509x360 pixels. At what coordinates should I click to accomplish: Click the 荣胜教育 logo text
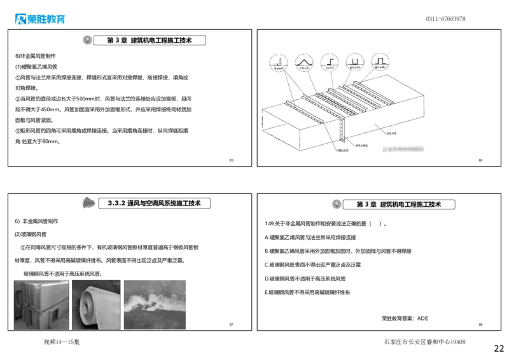[46, 19]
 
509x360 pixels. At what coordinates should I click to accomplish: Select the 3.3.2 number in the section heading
[116, 204]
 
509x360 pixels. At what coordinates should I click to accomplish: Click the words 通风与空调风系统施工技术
[164, 204]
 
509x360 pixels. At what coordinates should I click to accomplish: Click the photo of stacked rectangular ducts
[41, 305]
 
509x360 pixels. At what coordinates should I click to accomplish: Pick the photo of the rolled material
[96, 305]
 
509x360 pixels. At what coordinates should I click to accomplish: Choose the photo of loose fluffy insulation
[155, 305]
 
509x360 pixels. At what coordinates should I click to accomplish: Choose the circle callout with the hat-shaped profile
[380, 62]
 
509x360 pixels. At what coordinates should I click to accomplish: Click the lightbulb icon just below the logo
[87, 40]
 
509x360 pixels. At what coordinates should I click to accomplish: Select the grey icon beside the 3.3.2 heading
[89, 203]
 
